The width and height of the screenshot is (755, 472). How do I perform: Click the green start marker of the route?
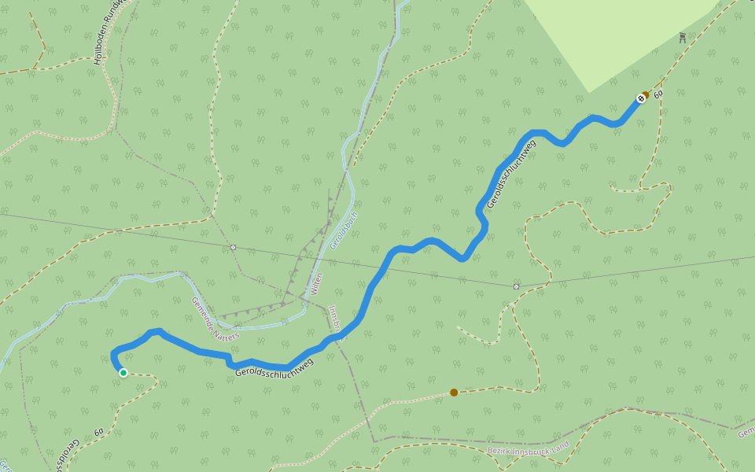pyautogui.click(x=123, y=373)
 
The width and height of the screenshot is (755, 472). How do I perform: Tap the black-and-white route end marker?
pyautogui.click(x=640, y=98)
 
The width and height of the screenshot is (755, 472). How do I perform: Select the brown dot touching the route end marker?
pyautogui.click(x=646, y=94)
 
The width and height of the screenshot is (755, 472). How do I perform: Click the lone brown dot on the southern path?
pyautogui.click(x=454, y=392)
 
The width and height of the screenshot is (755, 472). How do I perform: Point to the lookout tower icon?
pyautogui.click(x=682, y=37)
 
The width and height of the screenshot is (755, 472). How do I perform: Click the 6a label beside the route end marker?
pyautogui.click(x=658, y=94)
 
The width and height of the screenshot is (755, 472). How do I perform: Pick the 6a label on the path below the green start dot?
pyautogui.click(x=99, y=432)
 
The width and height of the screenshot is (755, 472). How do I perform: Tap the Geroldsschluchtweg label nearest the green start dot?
pyautogui.click(x=274, y=367)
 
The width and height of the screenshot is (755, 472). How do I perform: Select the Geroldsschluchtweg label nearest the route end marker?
pyautogui.click(x=510, y=174)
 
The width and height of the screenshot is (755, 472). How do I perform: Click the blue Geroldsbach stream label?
pyautogui.click(x=344, y=230)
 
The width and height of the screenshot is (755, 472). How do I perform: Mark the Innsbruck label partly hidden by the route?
pyautogui.click(x=335, y=321)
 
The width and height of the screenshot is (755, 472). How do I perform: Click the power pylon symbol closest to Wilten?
pyautogui.click(x=233, y=247)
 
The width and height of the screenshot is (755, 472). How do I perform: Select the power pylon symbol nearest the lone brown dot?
pyautogui.click(x=516, y=286)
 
